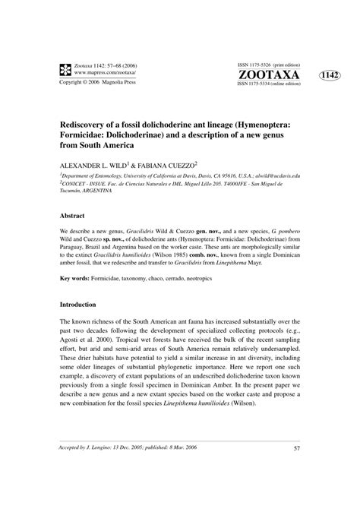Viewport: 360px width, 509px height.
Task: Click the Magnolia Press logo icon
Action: [52, 69]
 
